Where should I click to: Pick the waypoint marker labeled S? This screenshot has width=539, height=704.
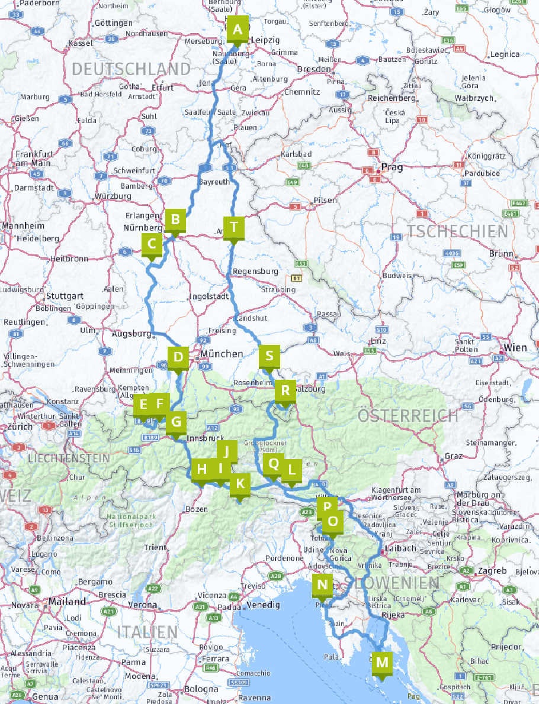point(269,356)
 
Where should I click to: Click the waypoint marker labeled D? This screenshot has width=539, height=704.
point(178,357)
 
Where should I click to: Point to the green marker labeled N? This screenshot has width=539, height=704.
point(322,585)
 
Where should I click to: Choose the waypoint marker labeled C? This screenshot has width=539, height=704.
point(152,244)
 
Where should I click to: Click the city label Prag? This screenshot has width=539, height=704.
point(392,167)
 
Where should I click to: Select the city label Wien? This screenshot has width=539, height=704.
point(515,348)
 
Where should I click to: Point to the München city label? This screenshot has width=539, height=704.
point(222,354)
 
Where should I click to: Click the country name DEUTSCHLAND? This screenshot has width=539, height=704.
point(131,69)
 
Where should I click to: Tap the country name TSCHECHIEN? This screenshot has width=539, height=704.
point(457,231)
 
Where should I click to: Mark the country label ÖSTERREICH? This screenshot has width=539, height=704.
point(408,415)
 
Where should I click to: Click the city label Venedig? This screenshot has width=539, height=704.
point(263,605)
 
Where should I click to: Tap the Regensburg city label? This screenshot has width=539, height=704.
point(255,272)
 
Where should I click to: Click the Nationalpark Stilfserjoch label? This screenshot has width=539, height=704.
point(131,521)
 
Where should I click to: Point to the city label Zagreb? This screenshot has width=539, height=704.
point(493,571)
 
